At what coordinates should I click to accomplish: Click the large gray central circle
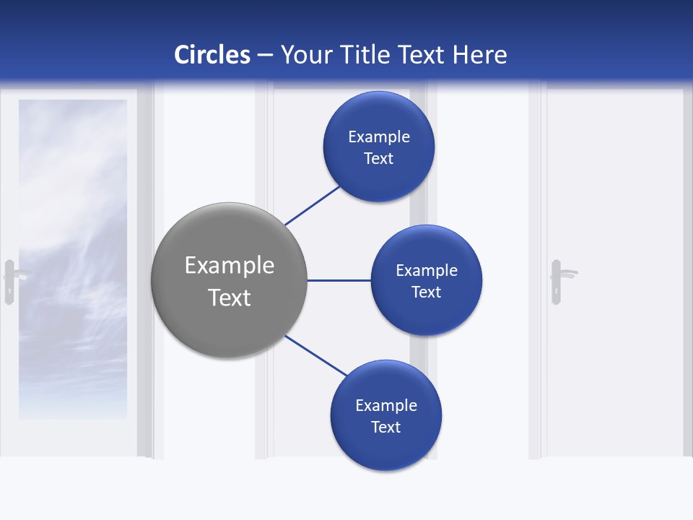pos(230,280)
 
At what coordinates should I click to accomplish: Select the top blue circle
pos(379,147)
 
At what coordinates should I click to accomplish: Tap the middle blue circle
pos(427,280)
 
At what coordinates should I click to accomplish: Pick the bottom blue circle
pos(386,415)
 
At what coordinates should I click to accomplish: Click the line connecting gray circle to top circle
pos(313,205)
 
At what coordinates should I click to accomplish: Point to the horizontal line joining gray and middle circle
pos(339,280)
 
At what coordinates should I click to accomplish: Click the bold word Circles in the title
pos(212,55)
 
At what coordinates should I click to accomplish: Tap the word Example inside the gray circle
pos(230,265)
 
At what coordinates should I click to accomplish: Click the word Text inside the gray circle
pos(230,298)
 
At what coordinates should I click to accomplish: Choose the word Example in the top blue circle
pos(379,136)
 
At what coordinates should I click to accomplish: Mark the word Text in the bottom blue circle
pos(385,427)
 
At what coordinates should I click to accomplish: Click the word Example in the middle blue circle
pos(427,270)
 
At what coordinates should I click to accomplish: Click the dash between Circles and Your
pos(265,56)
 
